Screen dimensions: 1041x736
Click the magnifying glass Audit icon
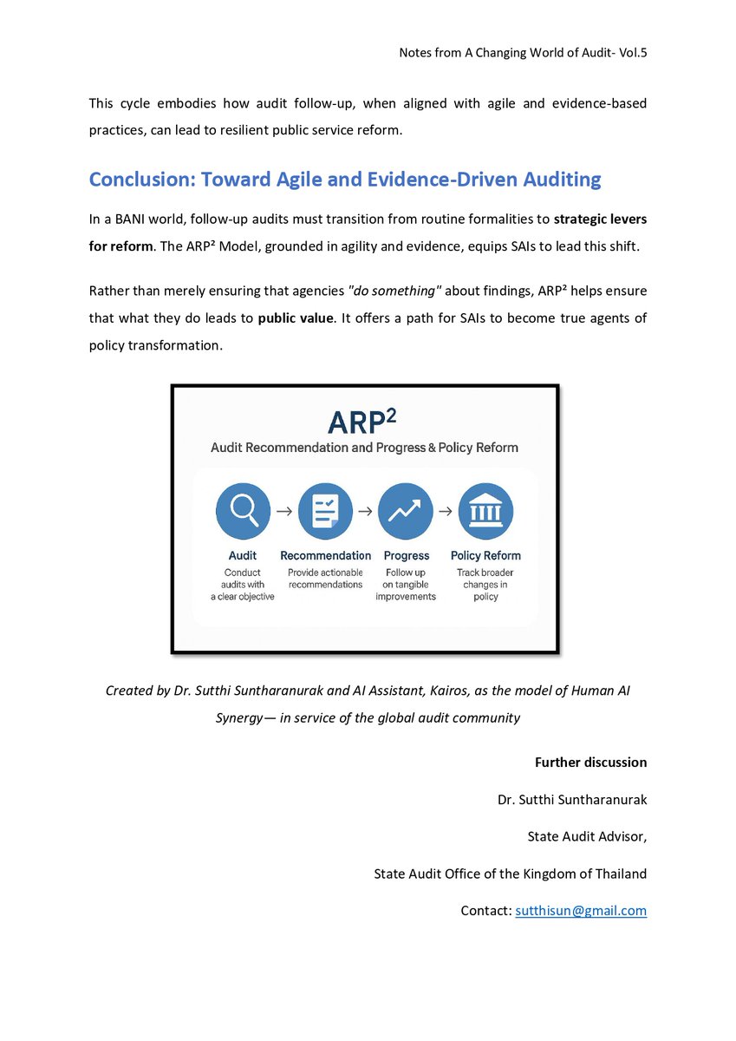243,512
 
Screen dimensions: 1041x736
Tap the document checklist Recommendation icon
325,512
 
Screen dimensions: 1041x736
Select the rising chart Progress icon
406,512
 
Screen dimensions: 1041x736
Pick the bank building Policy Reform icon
485,512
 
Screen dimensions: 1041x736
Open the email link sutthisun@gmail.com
581,911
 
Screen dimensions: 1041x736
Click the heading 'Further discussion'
590,763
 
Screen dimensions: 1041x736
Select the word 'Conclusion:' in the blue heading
141,180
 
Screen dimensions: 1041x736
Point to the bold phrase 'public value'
296,318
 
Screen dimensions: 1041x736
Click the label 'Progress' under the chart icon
406,555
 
